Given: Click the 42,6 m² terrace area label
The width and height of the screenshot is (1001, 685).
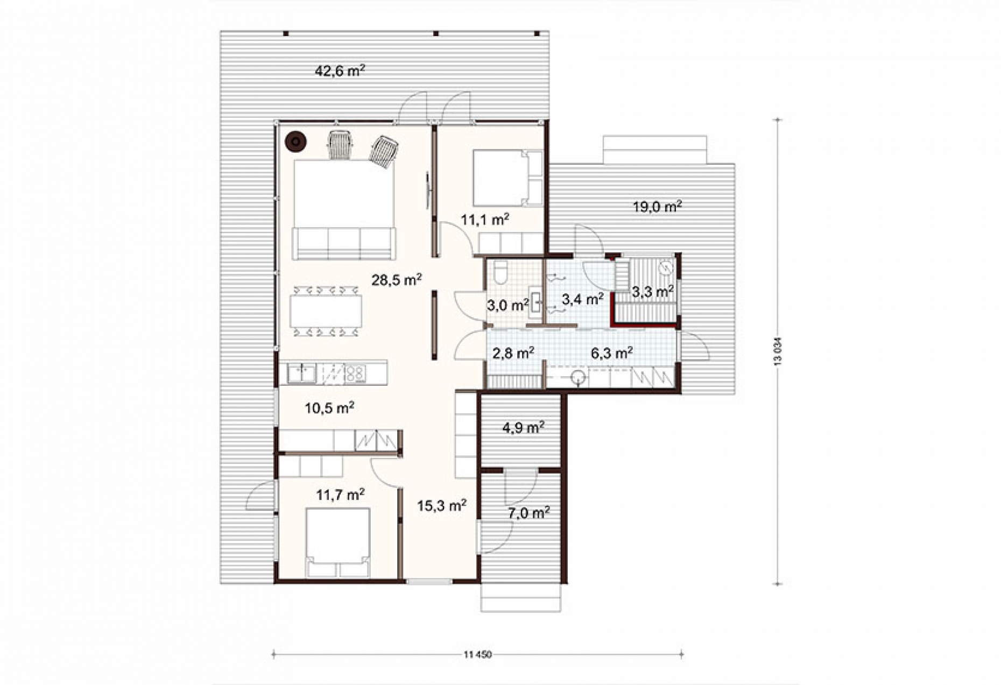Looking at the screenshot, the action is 340,70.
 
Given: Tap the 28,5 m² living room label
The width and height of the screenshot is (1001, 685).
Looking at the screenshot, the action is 397,279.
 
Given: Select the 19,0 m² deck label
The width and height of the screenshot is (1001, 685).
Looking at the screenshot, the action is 658,206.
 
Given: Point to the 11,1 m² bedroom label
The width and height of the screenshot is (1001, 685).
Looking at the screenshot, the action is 485,219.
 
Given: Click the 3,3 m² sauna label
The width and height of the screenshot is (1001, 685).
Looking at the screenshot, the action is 652,292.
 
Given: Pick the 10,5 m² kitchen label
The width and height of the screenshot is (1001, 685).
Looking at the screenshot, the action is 329,408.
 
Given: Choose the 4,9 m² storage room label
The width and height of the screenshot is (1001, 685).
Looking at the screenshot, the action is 523,427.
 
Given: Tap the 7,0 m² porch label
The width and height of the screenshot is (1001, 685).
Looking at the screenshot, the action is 529,513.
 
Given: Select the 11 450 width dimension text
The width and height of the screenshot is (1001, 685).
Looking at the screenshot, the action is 477,655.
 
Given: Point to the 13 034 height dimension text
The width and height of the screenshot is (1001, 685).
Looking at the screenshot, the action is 777,352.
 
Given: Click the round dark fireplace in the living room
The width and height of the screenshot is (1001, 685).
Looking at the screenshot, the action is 295,142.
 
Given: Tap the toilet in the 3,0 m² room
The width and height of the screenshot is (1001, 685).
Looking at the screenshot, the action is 500,272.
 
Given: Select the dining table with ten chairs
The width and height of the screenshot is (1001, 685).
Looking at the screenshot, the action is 326,312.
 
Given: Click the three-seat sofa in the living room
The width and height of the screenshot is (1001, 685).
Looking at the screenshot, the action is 344,243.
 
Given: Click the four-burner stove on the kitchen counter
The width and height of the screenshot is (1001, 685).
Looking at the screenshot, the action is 355,373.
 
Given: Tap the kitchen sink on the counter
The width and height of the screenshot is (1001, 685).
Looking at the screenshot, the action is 302,373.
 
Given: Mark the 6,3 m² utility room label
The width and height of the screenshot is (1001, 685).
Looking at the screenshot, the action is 611,353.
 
